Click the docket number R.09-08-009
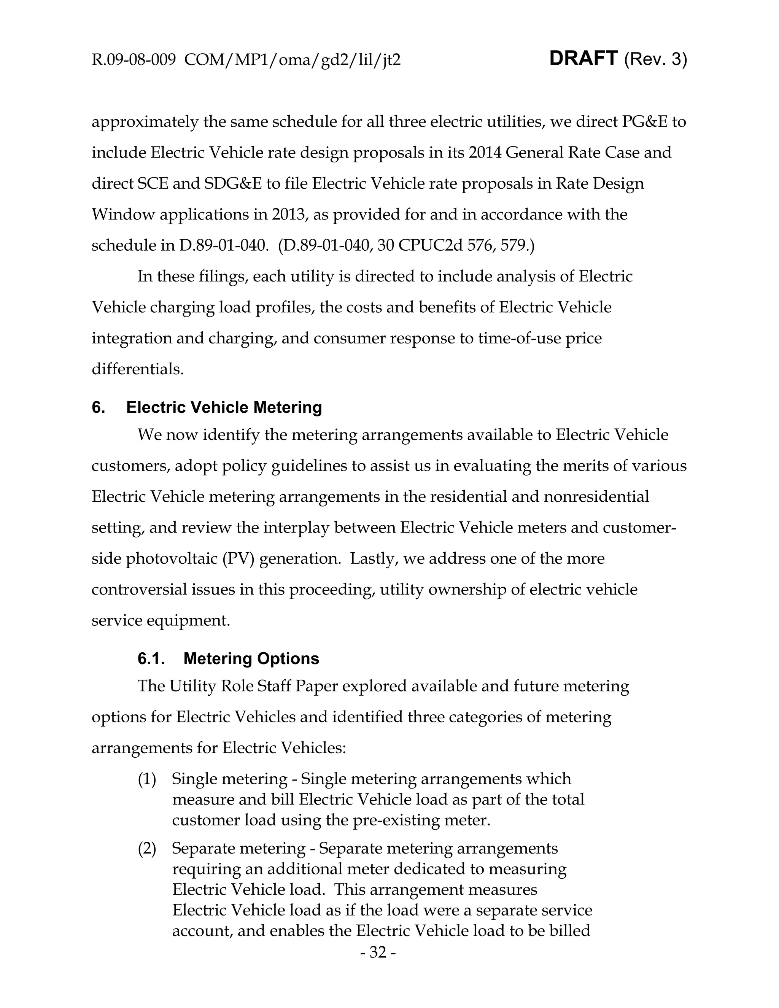tap(134, 60)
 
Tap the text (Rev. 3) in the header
tap(655, 60)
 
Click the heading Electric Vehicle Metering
tap(224, 407)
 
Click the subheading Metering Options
tap(251, 658)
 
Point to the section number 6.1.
tap(151, 658)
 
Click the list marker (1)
tap(147, 779)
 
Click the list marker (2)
tap(147, 848)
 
